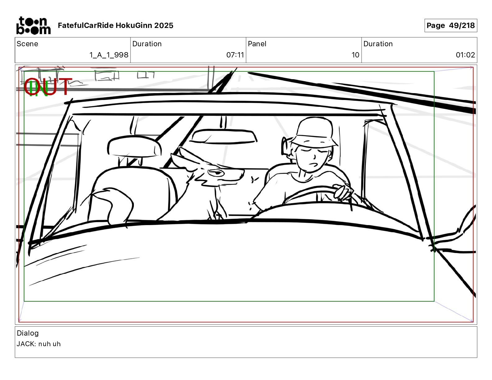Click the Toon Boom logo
(33, 25)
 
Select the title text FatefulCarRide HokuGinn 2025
(116, 25)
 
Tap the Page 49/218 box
(451, 25)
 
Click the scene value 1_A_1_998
(109, 55)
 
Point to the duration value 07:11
(235, 55)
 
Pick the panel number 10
(355, 55)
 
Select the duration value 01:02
(465, 55)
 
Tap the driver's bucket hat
(314, 132)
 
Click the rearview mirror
(223, 137)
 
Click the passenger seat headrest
(134, 146)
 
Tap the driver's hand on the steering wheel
(343, 192)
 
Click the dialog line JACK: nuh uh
(39, 344)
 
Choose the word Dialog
(28, 333)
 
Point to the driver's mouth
(313, 165)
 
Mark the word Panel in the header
(257, 44)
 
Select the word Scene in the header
(27, 44)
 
